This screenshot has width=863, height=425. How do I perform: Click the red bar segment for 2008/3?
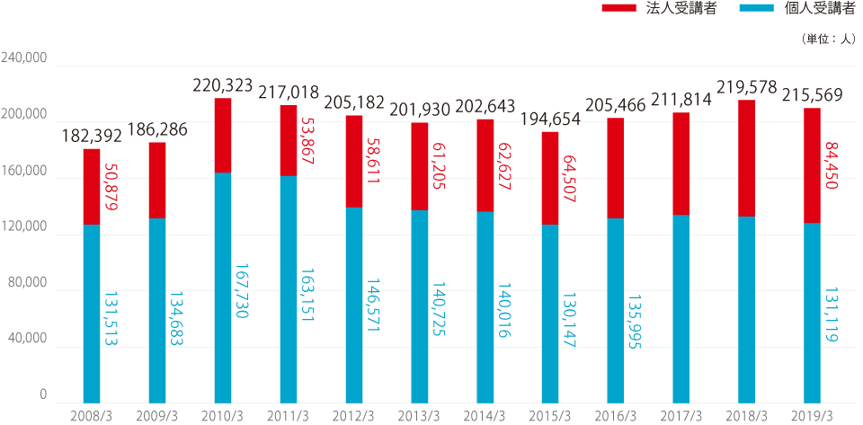pos(92,186)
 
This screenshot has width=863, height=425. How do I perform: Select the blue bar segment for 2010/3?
pos(223,287)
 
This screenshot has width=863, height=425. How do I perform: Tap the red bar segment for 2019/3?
pos(812,164)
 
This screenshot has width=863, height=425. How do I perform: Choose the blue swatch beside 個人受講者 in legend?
pos(760,9)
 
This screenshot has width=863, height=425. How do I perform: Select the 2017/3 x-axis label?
pos(681,415)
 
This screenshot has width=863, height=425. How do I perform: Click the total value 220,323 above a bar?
pos(223,86)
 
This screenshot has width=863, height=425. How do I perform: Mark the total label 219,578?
pos(746,88)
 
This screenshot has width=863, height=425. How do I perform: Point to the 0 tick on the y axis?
pos(43,396)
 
